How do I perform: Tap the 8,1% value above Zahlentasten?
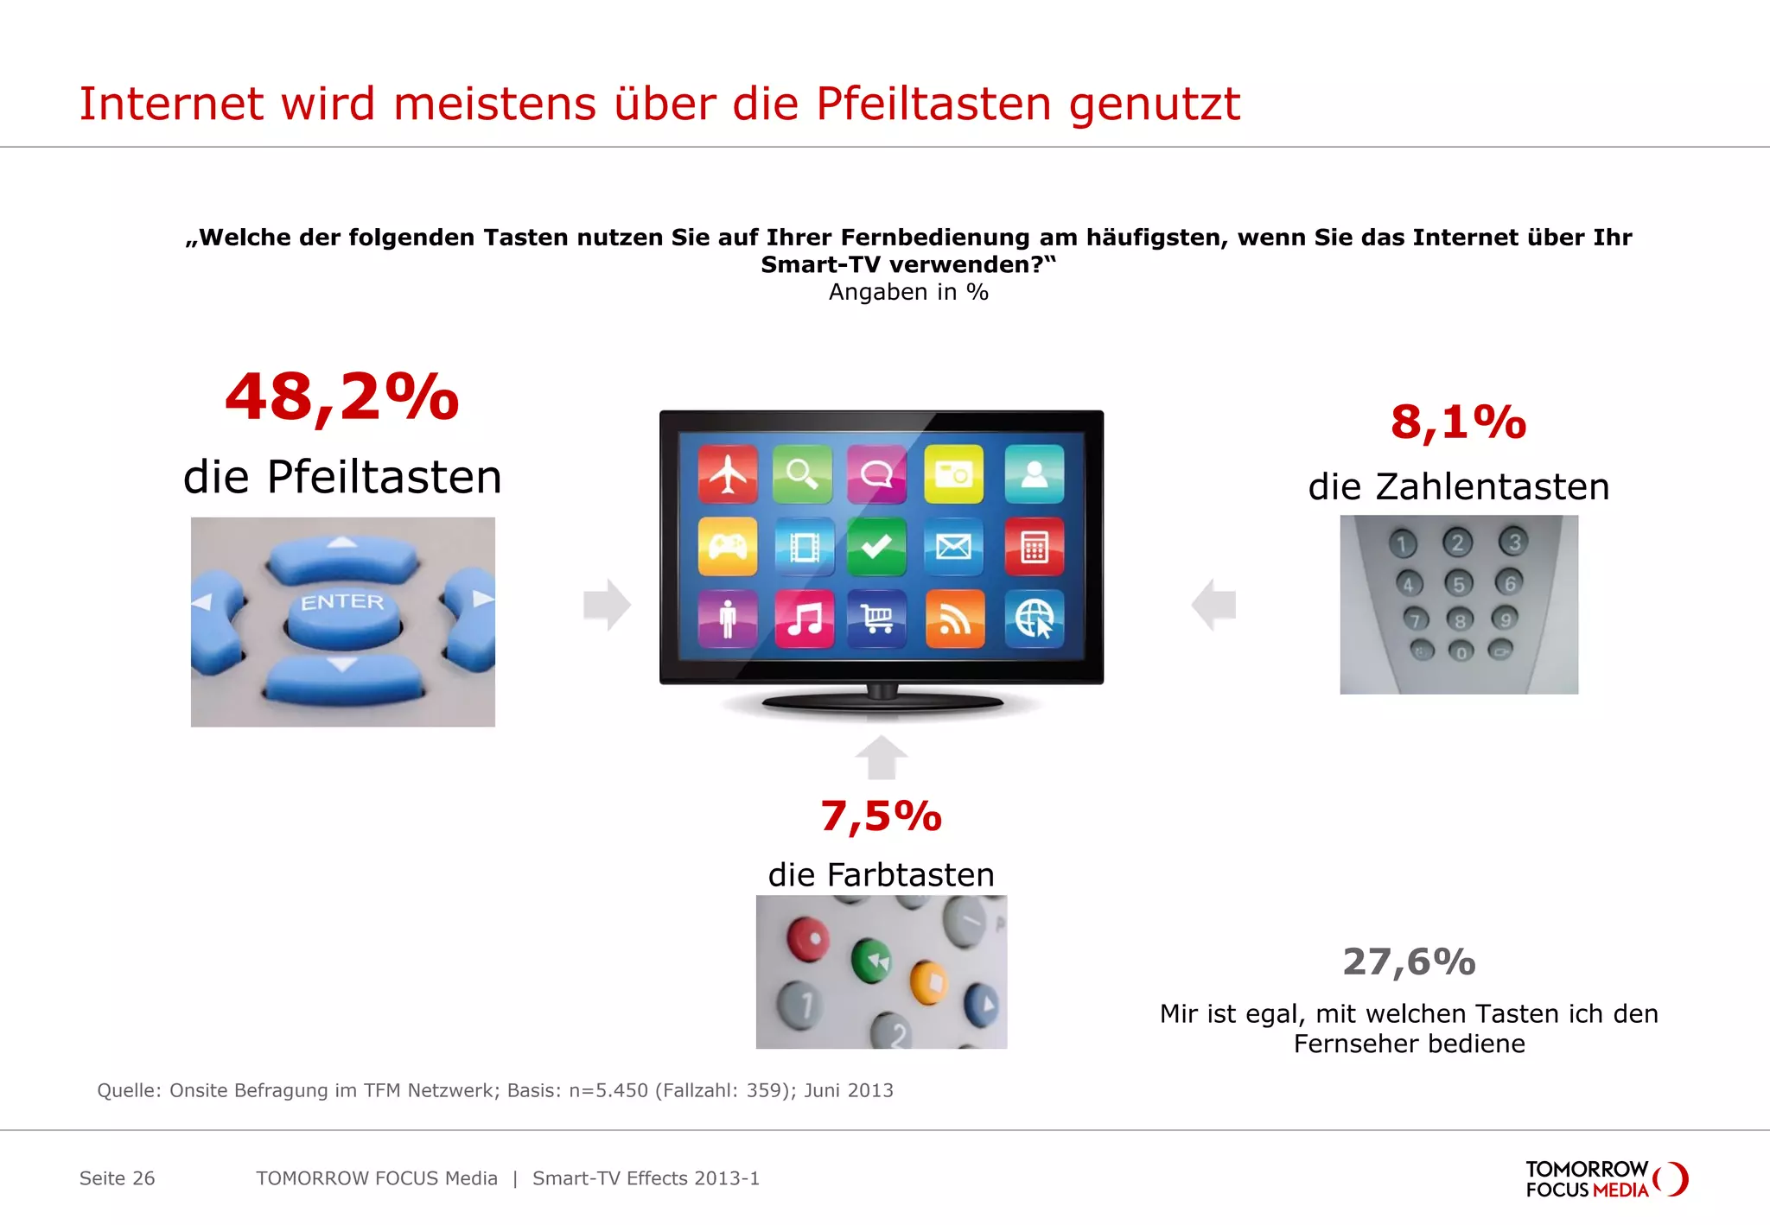(1458, 422)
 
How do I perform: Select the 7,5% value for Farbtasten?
(881, 816)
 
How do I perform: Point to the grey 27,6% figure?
(1409, 962)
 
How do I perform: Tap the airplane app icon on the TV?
(728, 474)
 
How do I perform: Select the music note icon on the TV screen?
(805, 619)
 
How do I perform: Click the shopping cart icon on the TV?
(877, 619)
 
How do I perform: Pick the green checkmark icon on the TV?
(876, 547)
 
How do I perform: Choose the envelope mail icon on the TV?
(953, 547)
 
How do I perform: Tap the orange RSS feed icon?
(954, 619)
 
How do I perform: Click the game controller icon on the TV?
(728, 547)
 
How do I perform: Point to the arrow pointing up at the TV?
(881, 757)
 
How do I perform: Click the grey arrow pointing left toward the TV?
(1213, 604)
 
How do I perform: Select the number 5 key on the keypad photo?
(1459, 584)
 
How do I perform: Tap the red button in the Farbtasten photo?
(807, 939)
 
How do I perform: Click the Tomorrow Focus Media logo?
(1606, 1179)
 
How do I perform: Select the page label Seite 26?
(117, 1178)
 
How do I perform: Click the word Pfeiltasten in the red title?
(933, 105)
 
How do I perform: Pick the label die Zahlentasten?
(1458, 486)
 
